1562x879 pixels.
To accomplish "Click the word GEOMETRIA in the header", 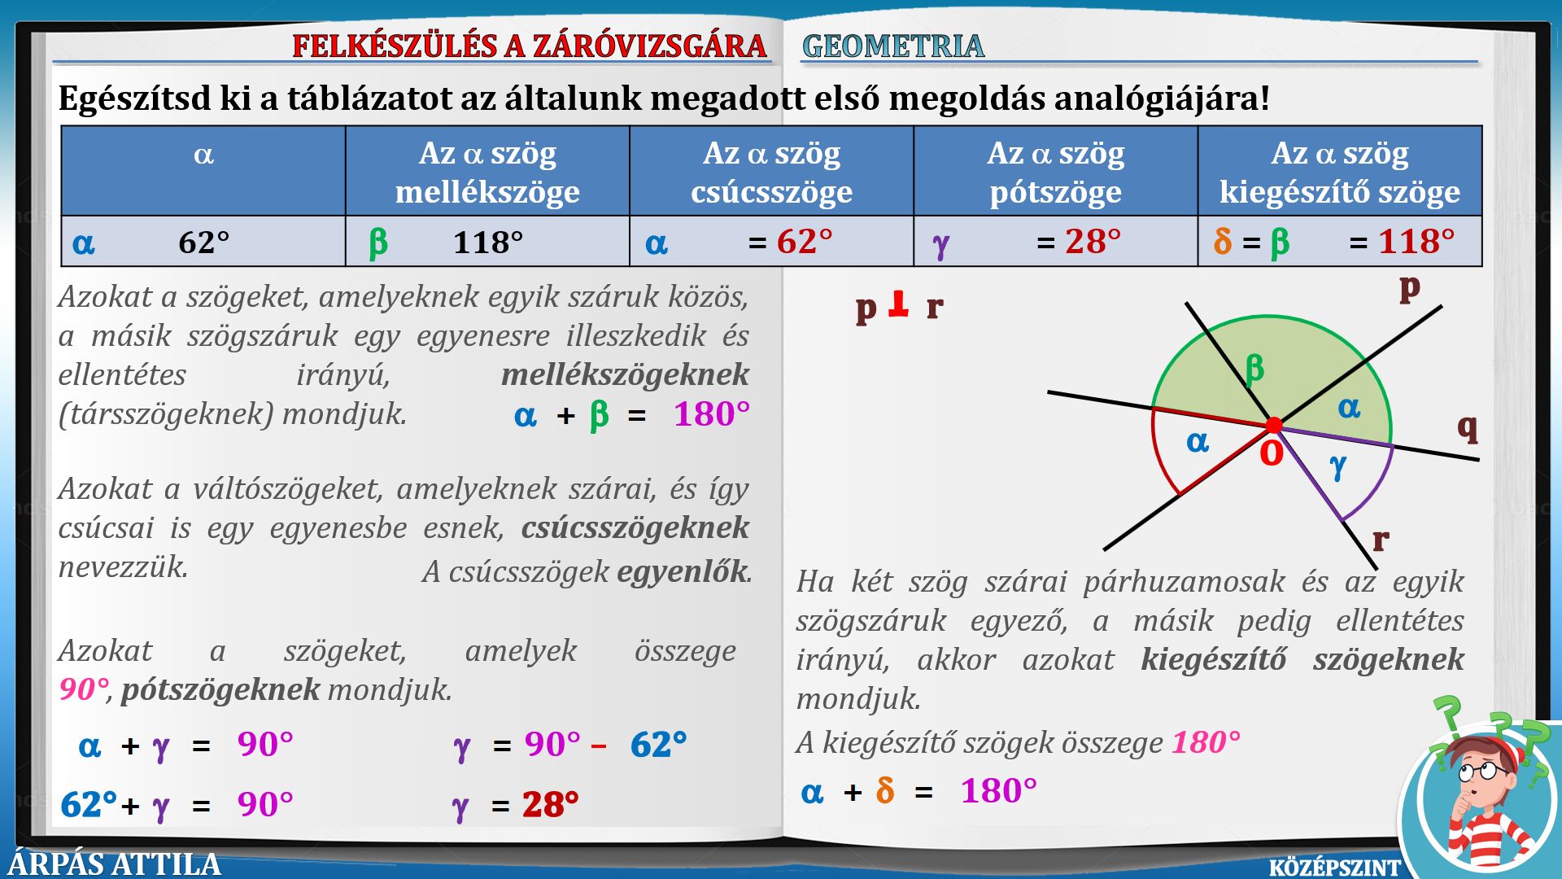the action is point(892,46).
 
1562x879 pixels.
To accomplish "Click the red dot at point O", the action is point(1274,425).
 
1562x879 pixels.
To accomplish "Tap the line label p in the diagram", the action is point(1409,287).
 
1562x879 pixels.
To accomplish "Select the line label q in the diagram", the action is point(1467,426).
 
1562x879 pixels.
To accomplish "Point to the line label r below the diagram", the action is point(1381,540).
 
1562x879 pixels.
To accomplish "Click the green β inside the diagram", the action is point(1254,369).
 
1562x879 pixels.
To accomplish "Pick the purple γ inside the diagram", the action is point(1337,467).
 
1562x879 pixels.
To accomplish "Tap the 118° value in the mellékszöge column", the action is point(487,243).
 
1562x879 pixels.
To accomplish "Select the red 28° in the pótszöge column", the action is point(1093,242).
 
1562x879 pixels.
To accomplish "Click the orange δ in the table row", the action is point(1223,242).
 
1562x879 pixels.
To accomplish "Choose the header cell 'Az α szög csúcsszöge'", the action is point(771,171).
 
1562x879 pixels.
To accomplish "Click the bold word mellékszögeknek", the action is point(625,374).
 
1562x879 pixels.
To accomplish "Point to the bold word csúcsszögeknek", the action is point(635,528).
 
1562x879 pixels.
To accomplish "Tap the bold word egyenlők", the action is point(682,571).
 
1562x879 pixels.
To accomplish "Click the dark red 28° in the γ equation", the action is point(551,805).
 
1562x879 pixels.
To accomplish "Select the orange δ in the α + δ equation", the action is point(885,790).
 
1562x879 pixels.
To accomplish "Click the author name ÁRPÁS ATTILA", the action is point(115,864).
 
